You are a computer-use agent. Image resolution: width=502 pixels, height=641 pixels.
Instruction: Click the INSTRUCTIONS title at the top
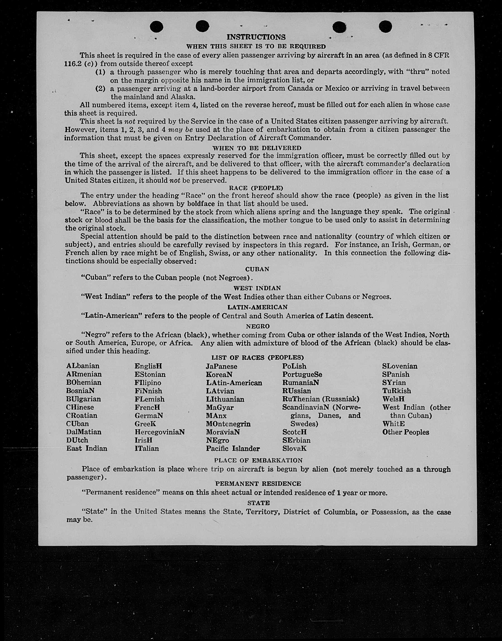pyautogui.click(x=256, y=37)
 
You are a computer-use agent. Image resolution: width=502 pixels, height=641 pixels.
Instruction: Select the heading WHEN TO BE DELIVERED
pyautogui.click(x=257, y=148)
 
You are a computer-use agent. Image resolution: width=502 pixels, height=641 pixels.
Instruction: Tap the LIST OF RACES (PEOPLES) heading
pyautogui.click(x=258, y=358)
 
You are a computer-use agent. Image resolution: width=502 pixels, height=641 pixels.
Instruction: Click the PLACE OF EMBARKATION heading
pyautogui.click(x=258, y=460)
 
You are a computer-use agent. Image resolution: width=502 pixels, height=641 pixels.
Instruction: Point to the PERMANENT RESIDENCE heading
pyautogui.click(x=258, y=483)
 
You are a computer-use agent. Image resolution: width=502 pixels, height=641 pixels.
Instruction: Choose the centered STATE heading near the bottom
pyautogui.click(x=258, y=503)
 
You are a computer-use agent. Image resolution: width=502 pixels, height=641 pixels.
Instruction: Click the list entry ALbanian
pyautogui.click(x=83, y=366)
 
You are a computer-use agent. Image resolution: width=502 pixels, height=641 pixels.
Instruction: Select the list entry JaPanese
pyautogui.click(x=221, y=367)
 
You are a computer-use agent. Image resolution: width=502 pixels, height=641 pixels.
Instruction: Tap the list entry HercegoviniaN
pyautogui.click(x=160, y=432)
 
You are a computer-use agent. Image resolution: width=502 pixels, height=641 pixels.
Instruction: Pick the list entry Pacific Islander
pyautogui.click(x=233, y=449)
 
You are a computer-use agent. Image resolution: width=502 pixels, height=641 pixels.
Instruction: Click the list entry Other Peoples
pyautogui.click(x=406, y=432)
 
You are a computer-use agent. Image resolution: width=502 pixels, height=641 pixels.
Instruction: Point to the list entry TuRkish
pyautogui.click(x=396, y=391)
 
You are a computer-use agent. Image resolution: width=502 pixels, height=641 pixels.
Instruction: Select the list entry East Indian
pyautogui.click(x=87, y=448)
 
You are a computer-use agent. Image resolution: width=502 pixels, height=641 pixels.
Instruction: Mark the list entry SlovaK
pyautogui.click(x=294, y=449)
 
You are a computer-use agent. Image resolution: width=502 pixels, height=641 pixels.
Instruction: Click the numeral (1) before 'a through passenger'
pyautogui.click(x=100, y=72)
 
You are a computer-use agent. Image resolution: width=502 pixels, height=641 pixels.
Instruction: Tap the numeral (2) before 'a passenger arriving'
pyautogui.click(x=100, y=88)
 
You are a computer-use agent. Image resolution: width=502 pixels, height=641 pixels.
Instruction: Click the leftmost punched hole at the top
pyautogui.click(x=156, y=27)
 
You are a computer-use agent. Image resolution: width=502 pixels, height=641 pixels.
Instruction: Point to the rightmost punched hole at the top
pyautogui.click(x=385, y=27)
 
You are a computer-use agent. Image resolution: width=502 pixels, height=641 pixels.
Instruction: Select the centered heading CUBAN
pyautogui.click(x=257, y=269)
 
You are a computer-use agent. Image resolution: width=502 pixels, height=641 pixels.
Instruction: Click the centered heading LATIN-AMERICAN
pyautogui.click(x=258, y=307)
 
